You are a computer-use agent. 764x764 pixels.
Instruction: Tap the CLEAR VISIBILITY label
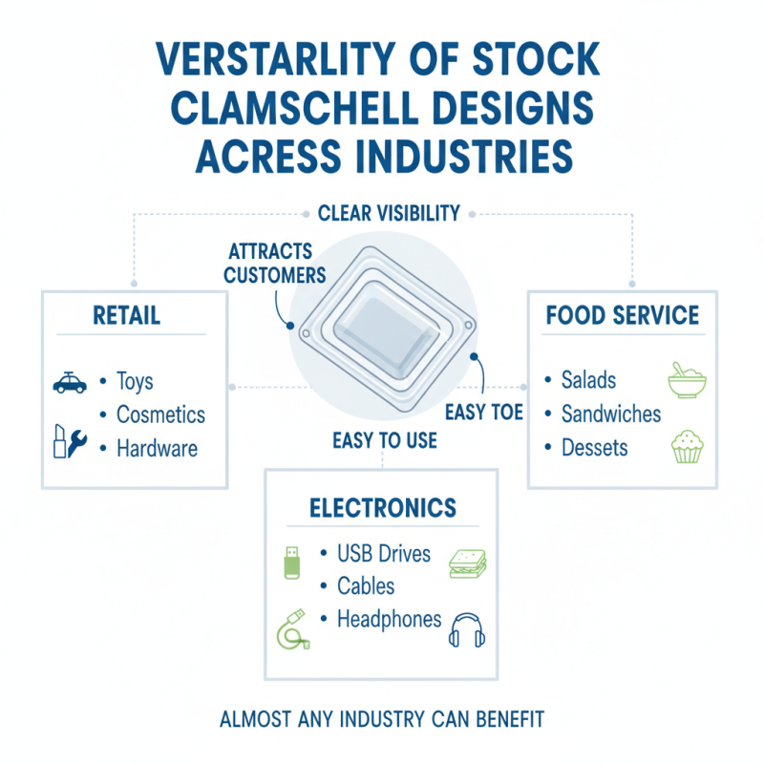(x=388, y=212)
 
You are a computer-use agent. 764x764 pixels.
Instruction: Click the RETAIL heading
(x=126, y=315)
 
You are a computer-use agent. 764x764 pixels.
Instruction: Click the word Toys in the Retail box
(x=135, y=382)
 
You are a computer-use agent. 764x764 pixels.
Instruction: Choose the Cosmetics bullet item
(x=160, y=414)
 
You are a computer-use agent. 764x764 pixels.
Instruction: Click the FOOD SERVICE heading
(x=622, y=315)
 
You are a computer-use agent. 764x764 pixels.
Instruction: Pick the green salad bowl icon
(x=686, y=380)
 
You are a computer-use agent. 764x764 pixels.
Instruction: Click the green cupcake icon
(x=687, y=446)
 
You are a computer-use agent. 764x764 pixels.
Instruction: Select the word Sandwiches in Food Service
(x=611, y=414)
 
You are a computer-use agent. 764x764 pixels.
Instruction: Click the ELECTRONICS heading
(x=383, y=507)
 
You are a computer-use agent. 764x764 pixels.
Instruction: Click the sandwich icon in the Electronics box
(x=467, y=563)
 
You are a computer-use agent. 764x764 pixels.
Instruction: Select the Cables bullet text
(x=366, y=585)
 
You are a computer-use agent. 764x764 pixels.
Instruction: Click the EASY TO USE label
(x=385, y=440)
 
